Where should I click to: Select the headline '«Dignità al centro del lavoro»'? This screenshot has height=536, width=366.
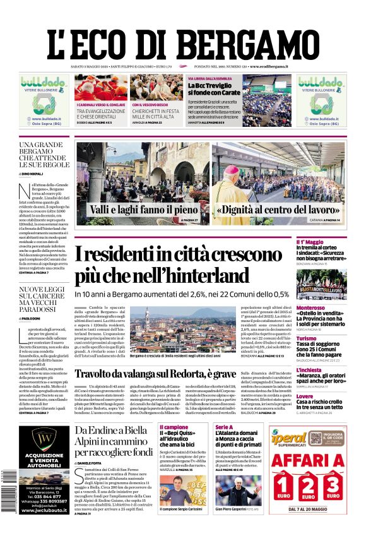point(278,209)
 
